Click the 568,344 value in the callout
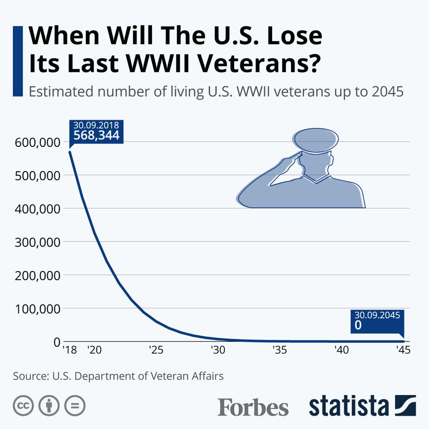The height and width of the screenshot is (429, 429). point(97,135)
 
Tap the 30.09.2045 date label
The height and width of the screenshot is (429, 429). point(375,315)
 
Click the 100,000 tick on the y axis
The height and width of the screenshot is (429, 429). point(38,308)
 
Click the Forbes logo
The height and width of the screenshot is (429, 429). point(253,407)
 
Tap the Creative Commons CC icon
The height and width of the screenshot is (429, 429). point(24,406)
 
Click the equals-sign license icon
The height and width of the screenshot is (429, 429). point(75,406)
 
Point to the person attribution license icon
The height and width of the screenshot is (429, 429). point(49,406)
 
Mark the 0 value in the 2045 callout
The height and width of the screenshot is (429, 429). point(358,325)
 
